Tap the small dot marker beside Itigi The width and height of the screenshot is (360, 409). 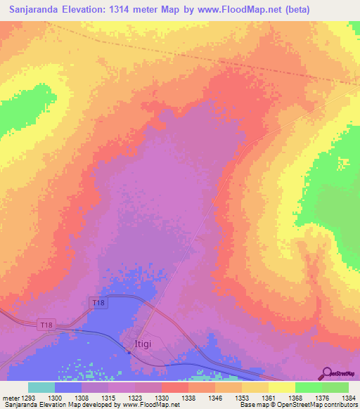tap(128, 351)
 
